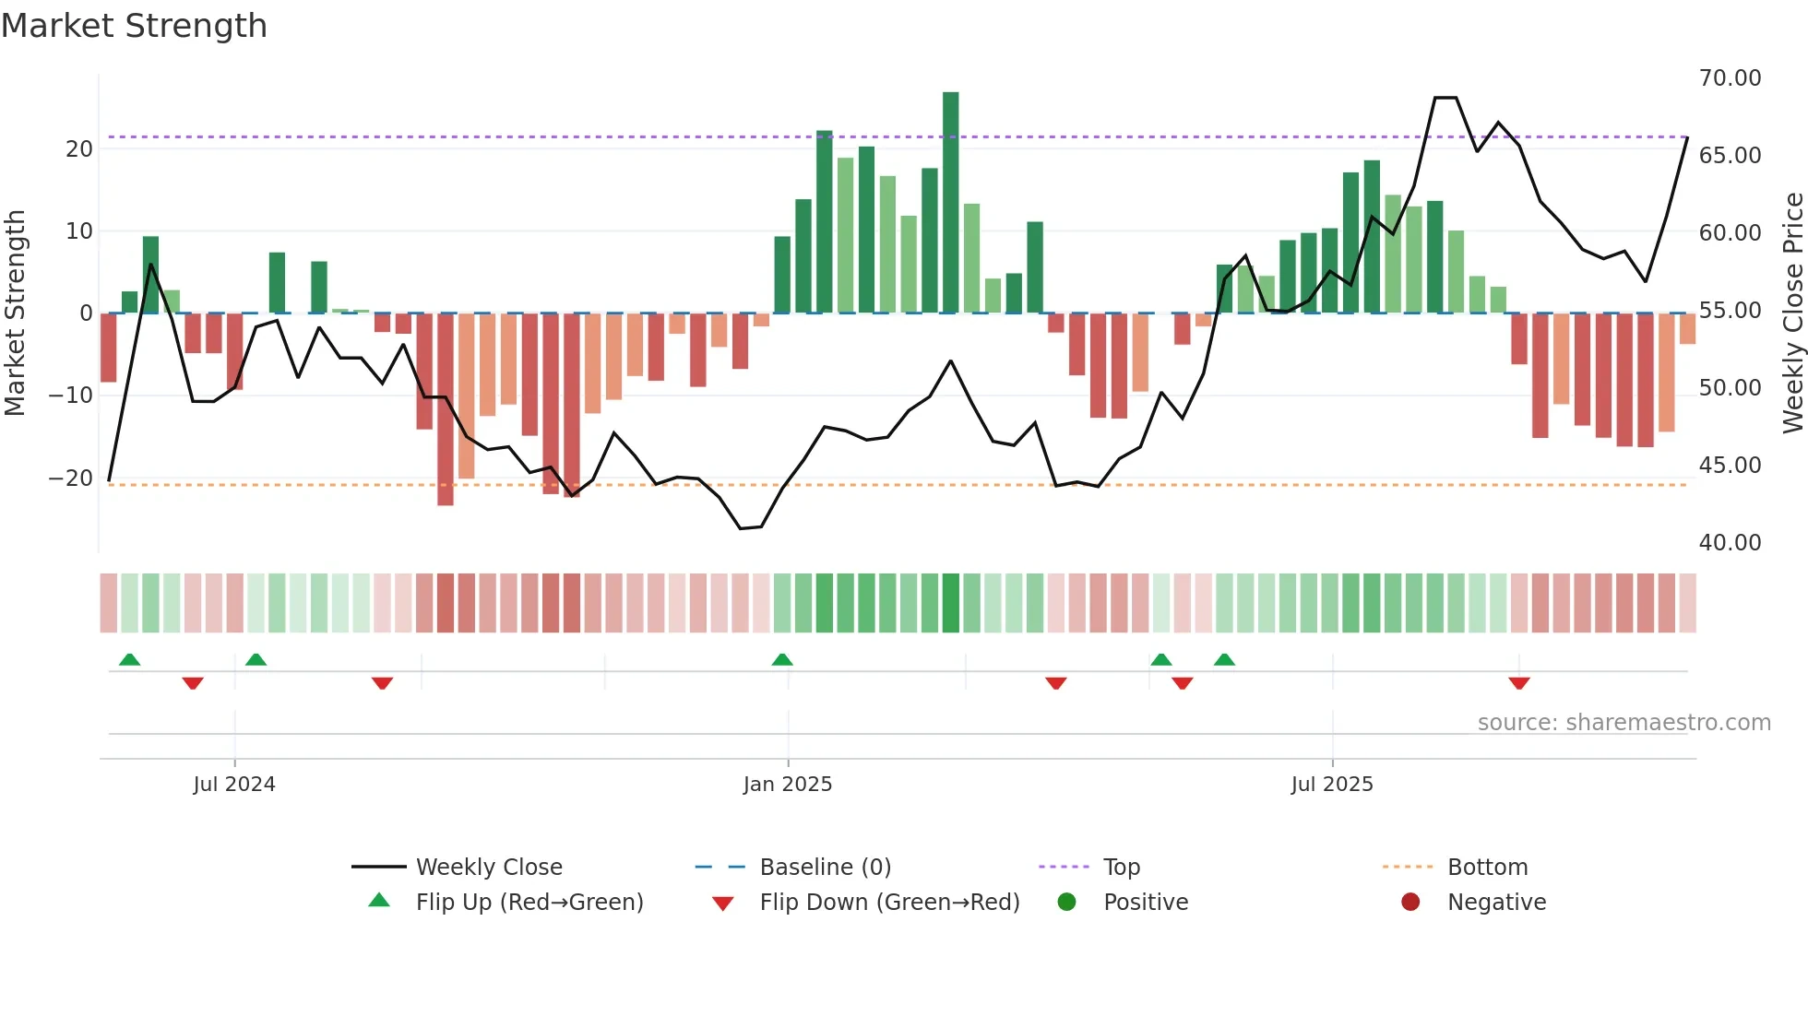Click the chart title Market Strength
coord(134,26)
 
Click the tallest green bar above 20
coord(950,202)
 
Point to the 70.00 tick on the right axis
coord(1730,78)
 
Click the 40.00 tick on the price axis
coord(1730,543)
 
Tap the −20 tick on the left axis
coord(71,478)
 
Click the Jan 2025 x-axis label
coord(788,785)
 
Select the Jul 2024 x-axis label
coord(234,785)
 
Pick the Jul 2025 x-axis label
coord(1331,785)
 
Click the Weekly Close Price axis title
coord(1792,313)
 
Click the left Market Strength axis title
coord(16,313)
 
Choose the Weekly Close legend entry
coord(488,868)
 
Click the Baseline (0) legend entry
coord(825,868)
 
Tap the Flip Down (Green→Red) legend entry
coord(889,903)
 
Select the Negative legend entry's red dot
coord(1410,903)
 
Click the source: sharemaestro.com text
coord(1624,723)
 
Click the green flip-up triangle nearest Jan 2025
coord(782,659)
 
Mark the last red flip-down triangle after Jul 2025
coord(1519,683)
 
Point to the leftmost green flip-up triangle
coord(130,659)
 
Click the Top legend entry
coord(1121,868)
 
